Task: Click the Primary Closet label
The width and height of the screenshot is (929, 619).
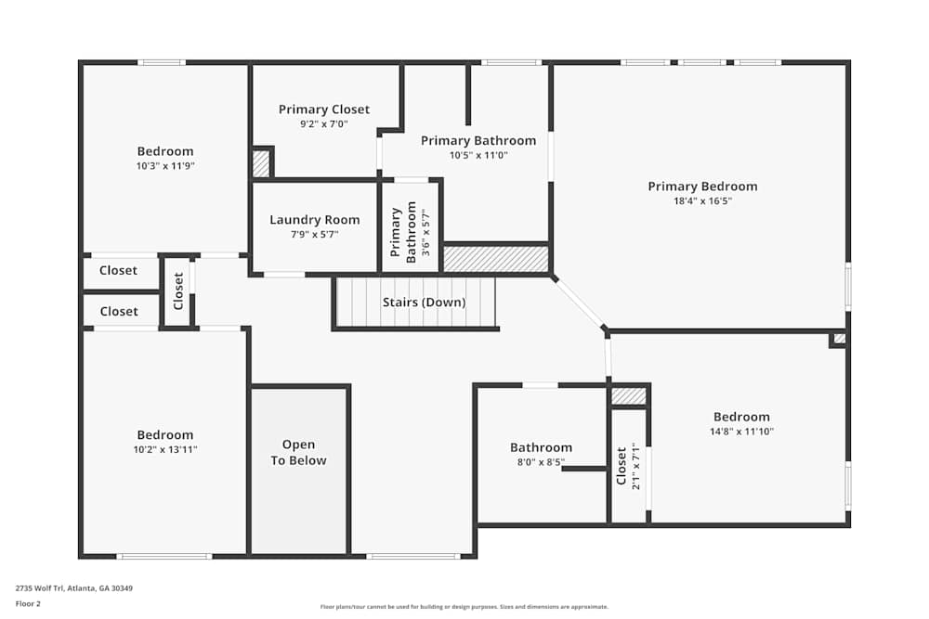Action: (324, 110)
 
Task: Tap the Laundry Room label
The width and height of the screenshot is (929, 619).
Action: (315, 220)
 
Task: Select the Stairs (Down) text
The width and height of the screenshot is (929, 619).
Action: (425, 303)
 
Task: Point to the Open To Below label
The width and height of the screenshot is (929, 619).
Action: (298, 453)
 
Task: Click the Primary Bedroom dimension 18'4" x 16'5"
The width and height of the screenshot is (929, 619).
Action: (702, 201)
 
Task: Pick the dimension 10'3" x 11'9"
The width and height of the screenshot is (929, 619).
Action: (165, 166)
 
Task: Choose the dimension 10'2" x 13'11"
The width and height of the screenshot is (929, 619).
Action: (165, 449)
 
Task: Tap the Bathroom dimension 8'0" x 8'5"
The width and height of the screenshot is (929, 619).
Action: (541, 462)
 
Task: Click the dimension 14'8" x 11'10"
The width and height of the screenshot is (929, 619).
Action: (741, 432)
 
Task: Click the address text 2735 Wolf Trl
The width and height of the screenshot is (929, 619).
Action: (73, 587)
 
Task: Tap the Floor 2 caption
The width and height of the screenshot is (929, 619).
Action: (28, 603)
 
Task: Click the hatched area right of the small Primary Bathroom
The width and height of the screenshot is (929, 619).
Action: (495, 259)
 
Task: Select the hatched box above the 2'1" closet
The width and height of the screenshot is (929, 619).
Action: (629, 396)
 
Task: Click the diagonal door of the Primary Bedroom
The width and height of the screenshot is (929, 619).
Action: (579, 303)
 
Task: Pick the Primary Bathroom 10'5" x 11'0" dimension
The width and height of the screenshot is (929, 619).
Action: (478, 155)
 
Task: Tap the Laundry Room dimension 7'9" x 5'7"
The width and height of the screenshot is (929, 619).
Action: (315, 235)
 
